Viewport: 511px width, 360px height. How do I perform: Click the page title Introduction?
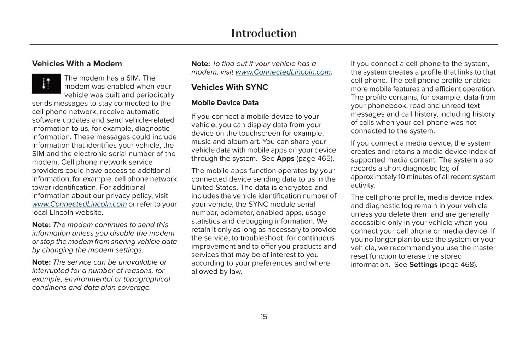coord(264,33)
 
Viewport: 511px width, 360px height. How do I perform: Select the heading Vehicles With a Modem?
coord(77,64)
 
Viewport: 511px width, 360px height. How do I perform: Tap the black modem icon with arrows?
coord(46,84)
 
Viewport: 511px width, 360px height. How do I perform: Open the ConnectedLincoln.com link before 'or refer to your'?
coord(79,204)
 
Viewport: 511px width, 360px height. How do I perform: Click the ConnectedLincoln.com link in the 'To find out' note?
coord(283,72)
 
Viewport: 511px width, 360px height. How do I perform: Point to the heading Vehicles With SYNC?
coord(230,87)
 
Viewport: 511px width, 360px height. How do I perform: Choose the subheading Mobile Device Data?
coord(225,103)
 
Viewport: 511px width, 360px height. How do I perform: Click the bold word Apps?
coord(285,159)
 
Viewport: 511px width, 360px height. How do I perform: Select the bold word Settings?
coord(423,265)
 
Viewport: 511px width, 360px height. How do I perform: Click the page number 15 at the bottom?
coord(264,317)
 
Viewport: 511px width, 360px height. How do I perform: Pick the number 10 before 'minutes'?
coord(402,177)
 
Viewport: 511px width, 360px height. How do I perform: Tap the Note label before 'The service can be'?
coord(41,262)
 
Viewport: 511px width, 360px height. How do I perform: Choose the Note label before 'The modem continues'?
coord(41,225)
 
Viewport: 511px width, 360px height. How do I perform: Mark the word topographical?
coord(147,279)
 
